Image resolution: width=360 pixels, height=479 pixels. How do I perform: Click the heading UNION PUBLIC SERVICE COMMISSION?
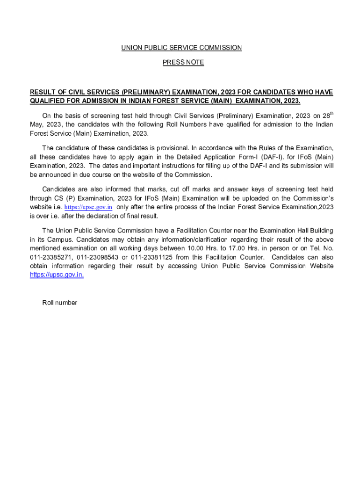(x=181, y=48)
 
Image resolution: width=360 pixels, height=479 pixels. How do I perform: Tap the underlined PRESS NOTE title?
(x=183, y=62)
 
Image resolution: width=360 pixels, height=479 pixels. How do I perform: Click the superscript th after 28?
(x=331, y=114)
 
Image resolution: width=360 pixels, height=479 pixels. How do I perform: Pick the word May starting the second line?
(x=36, y=124)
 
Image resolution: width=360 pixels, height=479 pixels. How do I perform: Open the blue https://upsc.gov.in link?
(x=88, y=207)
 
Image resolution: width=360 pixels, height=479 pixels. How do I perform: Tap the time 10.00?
(x=195, y=248)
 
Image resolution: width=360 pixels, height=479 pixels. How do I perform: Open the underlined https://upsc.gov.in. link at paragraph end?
(x=57, y=275)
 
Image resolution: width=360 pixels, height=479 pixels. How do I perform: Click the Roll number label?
(x=60, y=303)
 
